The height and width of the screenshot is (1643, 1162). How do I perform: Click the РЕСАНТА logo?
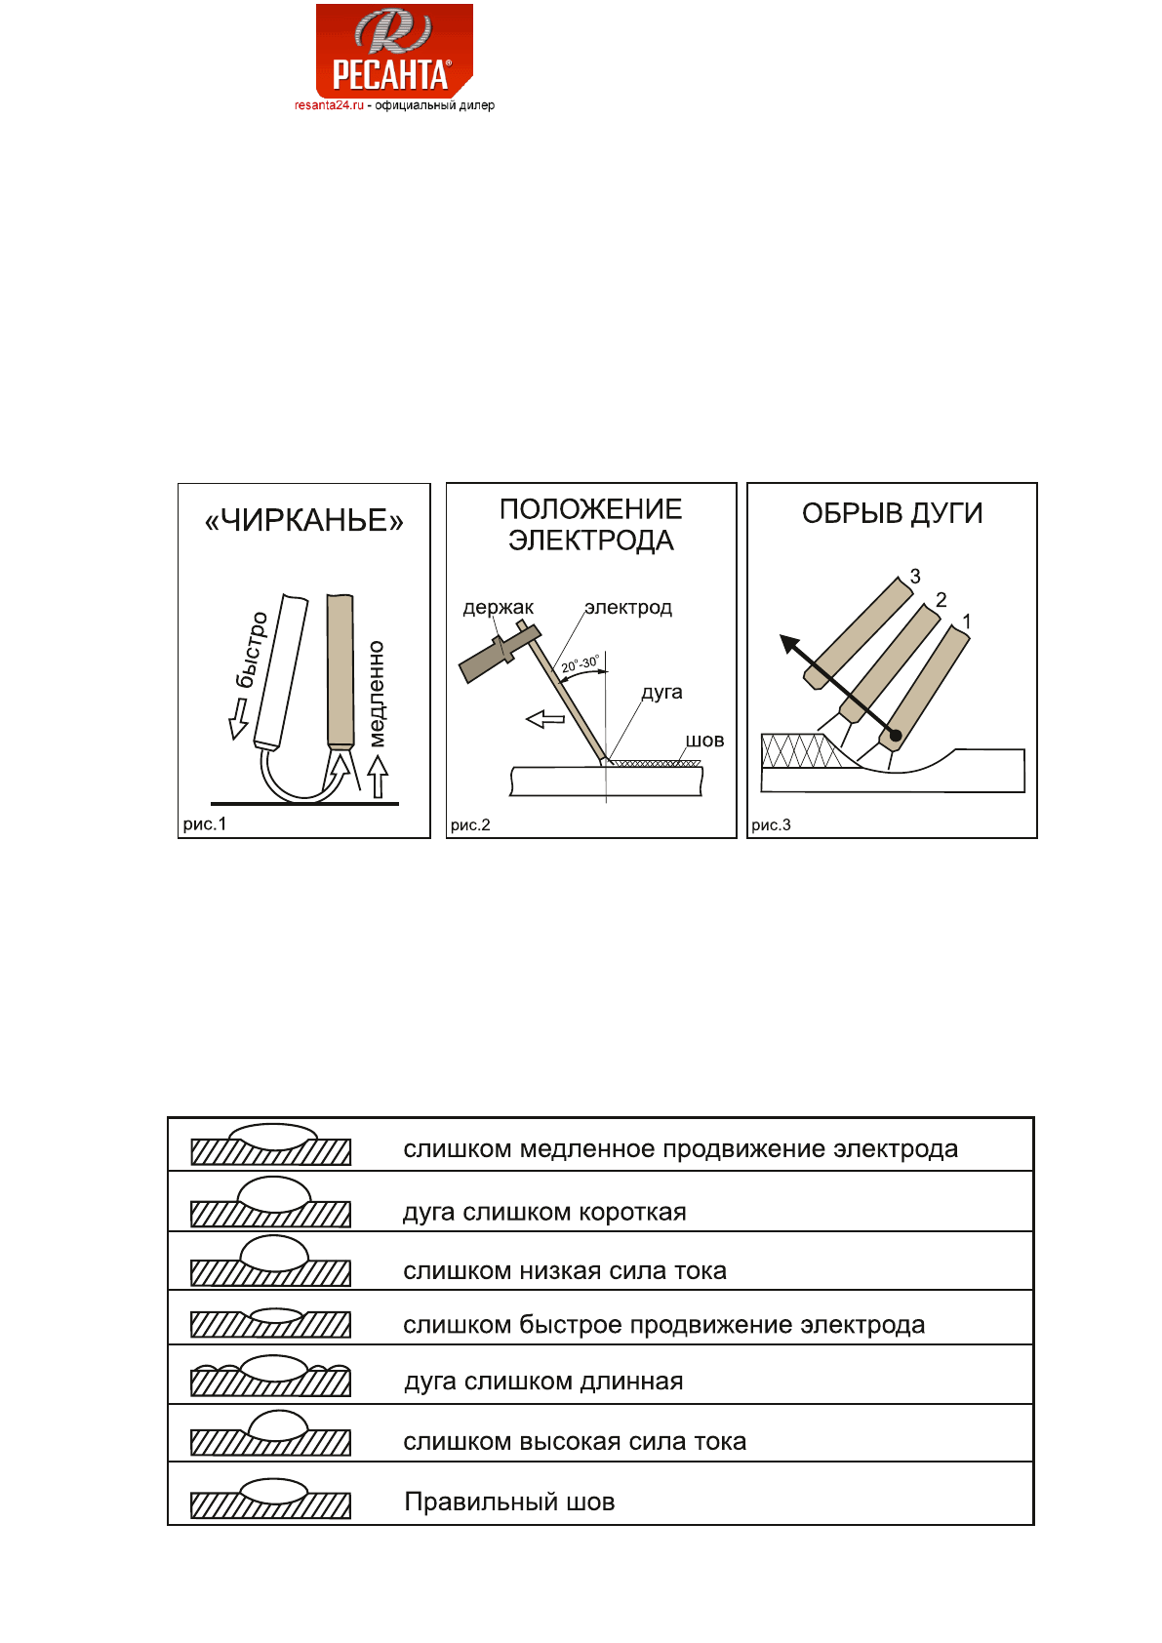pyautogui.click(x=394, y=51)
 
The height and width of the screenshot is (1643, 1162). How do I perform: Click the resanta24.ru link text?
pyautogui.click(x=329, y=105)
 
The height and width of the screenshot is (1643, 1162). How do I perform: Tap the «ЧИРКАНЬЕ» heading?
pyautogui.click(x=303, y=521)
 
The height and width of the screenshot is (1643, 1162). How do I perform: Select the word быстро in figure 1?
pyautogui.click(x=252, y=650)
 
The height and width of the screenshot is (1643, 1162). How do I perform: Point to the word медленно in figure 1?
pyautogui.click(x=377, y=694)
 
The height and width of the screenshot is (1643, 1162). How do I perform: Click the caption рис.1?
pyautogui.click(x=205, y=824)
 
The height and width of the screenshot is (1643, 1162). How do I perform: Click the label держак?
pyautogui.click(x=498, y=608)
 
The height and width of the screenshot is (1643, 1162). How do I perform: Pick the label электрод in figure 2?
pyautogui.click(x=628, y=608)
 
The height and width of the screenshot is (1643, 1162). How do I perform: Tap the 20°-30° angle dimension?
pyautogui.click(x=580, y=664)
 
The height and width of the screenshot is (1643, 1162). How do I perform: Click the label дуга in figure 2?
pyautogui.click(x=661, y=693)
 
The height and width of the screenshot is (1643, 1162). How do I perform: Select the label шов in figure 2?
pyautogui.click(x=704, y=741)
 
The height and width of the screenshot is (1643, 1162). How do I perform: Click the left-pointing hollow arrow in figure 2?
pyautogui.click(x=545, y=720)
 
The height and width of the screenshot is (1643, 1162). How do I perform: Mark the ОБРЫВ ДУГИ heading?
pyautogui.click(x=892, y=514)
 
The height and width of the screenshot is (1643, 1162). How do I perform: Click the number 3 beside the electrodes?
pyautogui.click(x=915, y=577)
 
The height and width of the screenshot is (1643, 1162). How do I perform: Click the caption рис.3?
pyautogui.click(x=771, y=825)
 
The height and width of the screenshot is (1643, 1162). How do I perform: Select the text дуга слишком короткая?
pyautogui.click(x=544, y=1213)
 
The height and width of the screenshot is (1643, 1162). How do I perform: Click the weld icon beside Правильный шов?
pyautogui.click(x=271, y=1499)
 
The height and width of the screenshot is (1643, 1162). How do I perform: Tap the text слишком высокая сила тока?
pyautogui.click(x=575, y=1442)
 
